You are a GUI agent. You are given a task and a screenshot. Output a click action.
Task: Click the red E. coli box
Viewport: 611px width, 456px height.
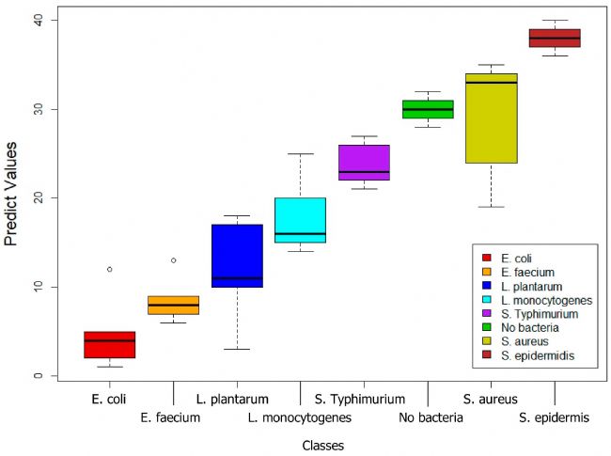110,344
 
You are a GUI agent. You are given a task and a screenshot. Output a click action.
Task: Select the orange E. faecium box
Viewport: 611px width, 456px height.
173,306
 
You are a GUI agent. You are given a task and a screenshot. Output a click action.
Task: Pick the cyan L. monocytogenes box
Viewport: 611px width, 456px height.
300,220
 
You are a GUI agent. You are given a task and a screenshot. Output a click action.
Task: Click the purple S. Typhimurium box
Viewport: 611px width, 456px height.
364,162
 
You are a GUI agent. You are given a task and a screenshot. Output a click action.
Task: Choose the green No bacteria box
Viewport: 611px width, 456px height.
428,109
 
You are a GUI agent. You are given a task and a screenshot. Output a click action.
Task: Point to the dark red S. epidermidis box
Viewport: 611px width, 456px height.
555,38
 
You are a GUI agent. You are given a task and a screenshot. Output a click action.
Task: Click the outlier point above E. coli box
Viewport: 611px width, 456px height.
110,269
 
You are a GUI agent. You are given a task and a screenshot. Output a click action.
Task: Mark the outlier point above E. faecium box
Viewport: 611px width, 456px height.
173,260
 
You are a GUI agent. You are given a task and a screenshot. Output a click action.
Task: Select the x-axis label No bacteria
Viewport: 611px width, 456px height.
431,417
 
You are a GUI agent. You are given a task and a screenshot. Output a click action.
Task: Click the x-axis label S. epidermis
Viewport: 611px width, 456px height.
555,417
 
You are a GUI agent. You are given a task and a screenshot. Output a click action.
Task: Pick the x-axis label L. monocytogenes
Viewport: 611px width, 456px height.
300,417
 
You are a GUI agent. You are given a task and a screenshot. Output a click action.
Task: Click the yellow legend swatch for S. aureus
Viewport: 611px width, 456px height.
486,340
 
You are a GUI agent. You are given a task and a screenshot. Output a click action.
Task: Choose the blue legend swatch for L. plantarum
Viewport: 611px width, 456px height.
486,286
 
